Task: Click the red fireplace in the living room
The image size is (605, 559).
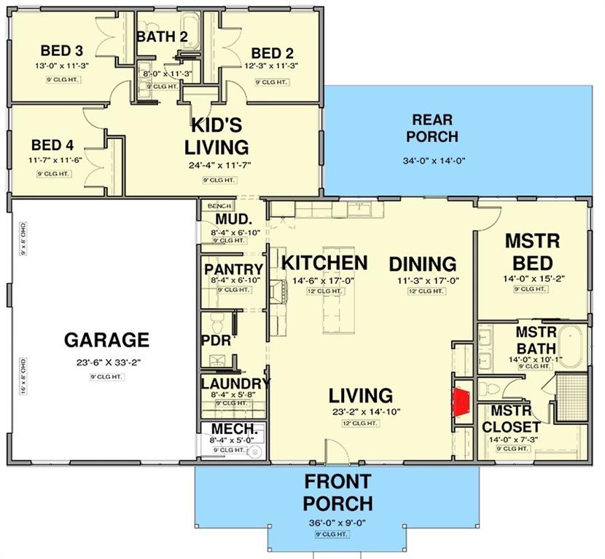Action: [x=461, y=401]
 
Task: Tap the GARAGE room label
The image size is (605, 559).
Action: [x=106, y=340]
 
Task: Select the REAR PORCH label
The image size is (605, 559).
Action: [x=432, y=128]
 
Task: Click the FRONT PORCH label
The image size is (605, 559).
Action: [x=337, y=492]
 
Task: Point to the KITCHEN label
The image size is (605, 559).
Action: [x=324, y=263]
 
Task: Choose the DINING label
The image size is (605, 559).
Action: [x=422, y=263]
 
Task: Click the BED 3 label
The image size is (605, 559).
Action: [x=61, y=51]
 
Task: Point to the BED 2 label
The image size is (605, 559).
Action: [x=272, y=53]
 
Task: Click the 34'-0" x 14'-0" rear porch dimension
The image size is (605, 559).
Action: [x=433, y=162]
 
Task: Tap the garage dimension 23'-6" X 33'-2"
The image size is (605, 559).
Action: [x=106, y=363]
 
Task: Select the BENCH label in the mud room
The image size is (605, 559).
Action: [x=218, y=207]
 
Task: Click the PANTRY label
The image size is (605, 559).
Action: [x=233, y=269]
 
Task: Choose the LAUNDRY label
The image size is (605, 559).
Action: [x=235, y=384]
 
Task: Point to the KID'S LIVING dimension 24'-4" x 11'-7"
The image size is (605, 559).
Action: [x=219, y=165]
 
